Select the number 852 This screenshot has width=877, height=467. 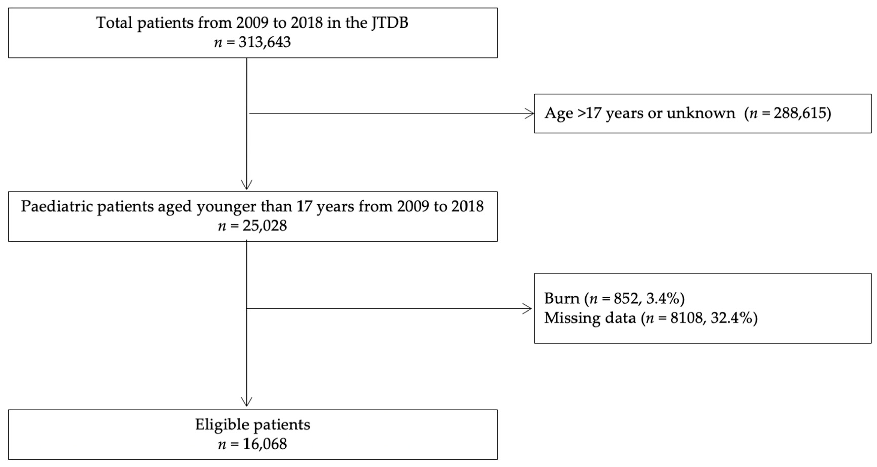[x=626, y=299]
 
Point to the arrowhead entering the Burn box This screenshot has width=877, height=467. [x=527, y=309]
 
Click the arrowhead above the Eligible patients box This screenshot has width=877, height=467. [x=246, y=401]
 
